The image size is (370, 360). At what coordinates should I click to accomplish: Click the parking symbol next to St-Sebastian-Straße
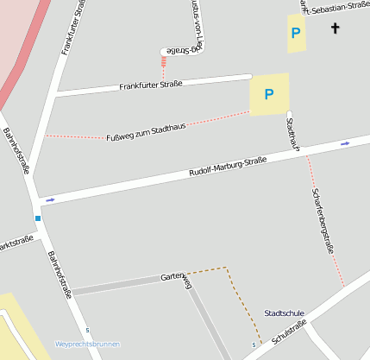pos(296,33)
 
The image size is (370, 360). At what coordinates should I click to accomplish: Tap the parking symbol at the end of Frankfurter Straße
pos(268,94)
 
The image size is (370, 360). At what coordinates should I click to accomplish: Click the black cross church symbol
pos(336,28)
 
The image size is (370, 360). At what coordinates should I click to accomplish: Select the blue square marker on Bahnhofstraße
pos(38,218)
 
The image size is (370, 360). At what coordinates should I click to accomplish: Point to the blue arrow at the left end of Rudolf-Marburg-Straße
pos(49,200)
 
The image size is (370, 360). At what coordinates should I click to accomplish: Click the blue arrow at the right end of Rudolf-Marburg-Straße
pos(345,143)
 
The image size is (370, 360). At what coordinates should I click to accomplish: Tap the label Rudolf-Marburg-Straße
pos(227,167)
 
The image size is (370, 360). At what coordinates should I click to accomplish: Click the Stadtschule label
pos(284,313)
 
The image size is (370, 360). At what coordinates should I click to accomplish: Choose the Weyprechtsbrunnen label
pos(87,344)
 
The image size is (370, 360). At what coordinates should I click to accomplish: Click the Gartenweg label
pos(176,281)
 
